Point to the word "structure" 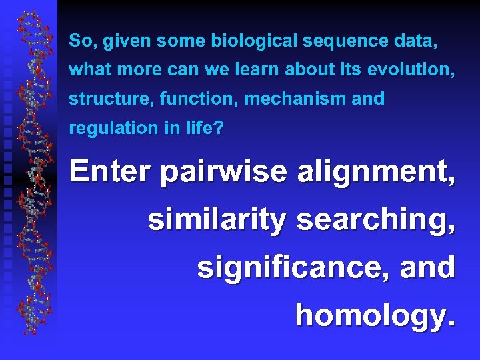point(101,99)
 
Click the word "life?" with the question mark point(206,127)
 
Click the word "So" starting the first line point(79,41)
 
